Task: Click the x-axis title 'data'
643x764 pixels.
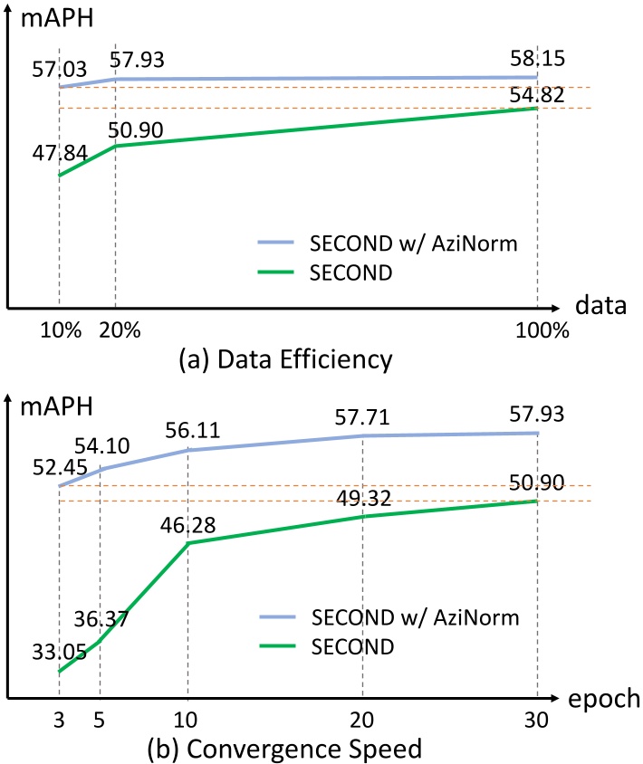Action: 604,305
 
